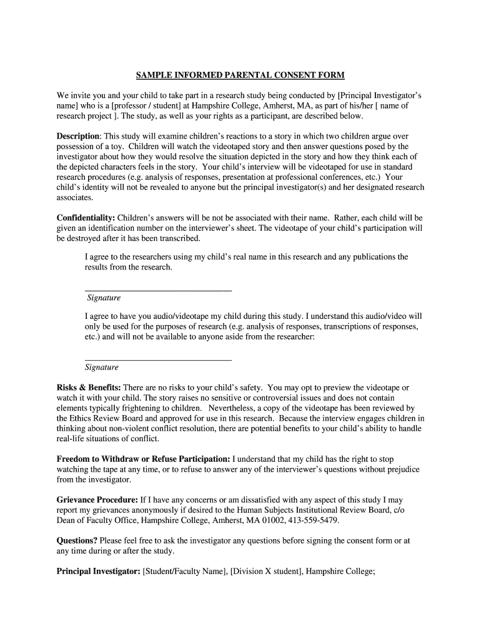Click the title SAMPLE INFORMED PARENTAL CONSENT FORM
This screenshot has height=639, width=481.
click(241, 76)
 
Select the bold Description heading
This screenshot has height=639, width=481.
click(78, 136)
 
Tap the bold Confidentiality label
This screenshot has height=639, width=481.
click(86, 218)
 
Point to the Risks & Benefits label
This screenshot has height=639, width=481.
click(89, 388)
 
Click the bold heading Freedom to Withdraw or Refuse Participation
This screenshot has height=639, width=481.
click(144, 459)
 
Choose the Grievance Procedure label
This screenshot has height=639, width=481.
click(97, 500)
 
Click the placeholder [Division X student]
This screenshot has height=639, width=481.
click(262, 571)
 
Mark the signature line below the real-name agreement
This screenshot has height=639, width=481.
click(158, 290)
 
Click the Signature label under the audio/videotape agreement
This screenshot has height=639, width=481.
click(102, 368)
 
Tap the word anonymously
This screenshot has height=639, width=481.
click(156, 510)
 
